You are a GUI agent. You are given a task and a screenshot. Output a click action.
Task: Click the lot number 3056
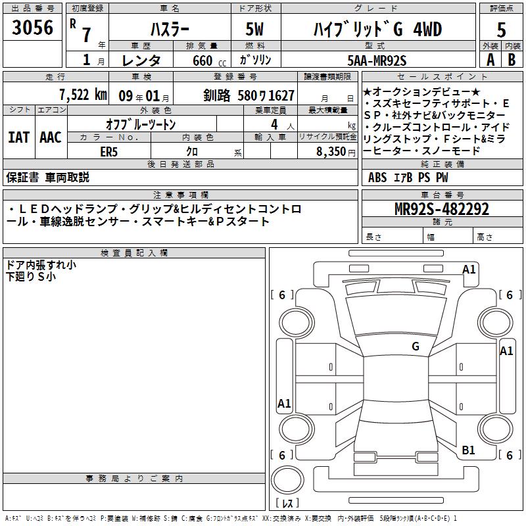pos(33,30)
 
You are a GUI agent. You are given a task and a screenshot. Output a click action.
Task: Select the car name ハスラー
pos(169,30)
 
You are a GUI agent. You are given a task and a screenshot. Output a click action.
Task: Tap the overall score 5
pos(502,30)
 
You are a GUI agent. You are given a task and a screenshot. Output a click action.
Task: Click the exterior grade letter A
pos(490,60)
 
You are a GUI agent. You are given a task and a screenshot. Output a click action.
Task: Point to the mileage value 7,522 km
pos(82,95)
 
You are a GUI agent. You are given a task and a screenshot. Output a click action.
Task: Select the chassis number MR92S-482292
pos(442,209)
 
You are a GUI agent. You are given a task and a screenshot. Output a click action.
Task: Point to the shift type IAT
pos(18,137)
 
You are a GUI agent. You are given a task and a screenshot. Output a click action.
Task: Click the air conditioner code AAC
pos(50,137)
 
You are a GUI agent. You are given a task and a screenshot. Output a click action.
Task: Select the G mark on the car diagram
pos(415,347)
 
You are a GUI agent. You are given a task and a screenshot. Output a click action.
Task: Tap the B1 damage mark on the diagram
pos(468,450)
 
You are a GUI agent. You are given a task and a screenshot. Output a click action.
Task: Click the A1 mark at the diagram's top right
pos(469,269)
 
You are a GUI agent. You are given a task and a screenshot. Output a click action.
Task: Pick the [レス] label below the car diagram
pos(287,504)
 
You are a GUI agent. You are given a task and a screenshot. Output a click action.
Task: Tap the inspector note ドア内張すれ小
pos(41,265)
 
